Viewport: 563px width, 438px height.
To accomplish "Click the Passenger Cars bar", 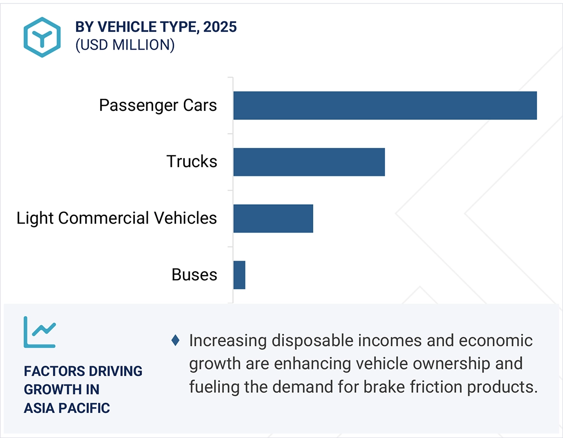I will coord(385,105).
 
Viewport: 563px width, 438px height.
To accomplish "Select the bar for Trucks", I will coord(309,162).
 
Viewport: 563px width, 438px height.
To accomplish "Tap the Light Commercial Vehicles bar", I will coord(273,218).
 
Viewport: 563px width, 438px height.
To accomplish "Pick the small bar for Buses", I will coord(239,275).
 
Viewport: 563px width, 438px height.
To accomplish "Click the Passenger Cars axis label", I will coord(158,105).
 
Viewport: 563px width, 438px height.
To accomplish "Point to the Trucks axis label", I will coord(192,161).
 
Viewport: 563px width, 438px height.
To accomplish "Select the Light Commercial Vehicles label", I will coord(116,218).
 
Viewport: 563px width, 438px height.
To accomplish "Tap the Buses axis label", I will coord(194,275).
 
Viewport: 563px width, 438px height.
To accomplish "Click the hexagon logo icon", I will coord(42,37).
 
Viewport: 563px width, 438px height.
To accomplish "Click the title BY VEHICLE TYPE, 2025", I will coord(156,27).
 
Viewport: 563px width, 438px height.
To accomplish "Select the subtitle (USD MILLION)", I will coord(125,45).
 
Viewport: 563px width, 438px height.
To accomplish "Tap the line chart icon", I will coord(39,332).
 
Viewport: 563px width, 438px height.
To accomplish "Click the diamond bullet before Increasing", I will coord(176,341).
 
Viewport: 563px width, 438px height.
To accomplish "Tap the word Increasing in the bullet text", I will coord(228,341).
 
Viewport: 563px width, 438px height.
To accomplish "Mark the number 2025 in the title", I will coord(220,27).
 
